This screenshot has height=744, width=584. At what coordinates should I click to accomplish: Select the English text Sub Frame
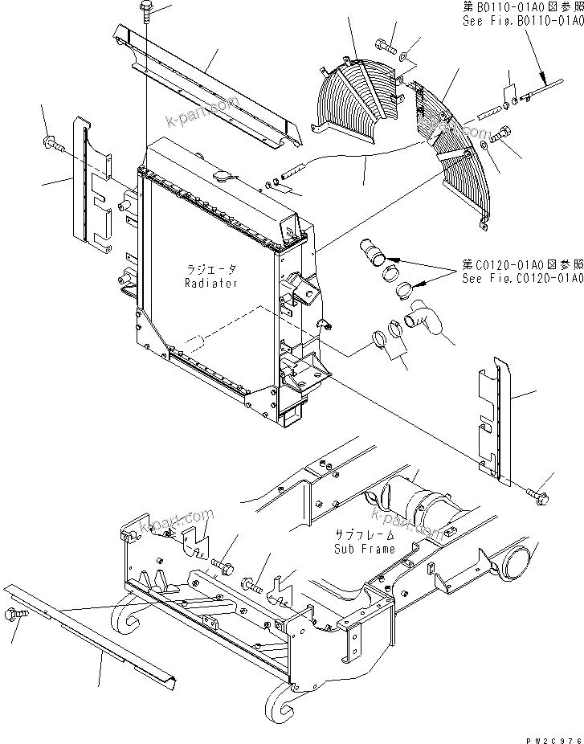365,549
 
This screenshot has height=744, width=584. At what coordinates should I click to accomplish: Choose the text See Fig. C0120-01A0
522,278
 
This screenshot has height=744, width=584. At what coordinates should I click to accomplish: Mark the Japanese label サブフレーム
365,535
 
